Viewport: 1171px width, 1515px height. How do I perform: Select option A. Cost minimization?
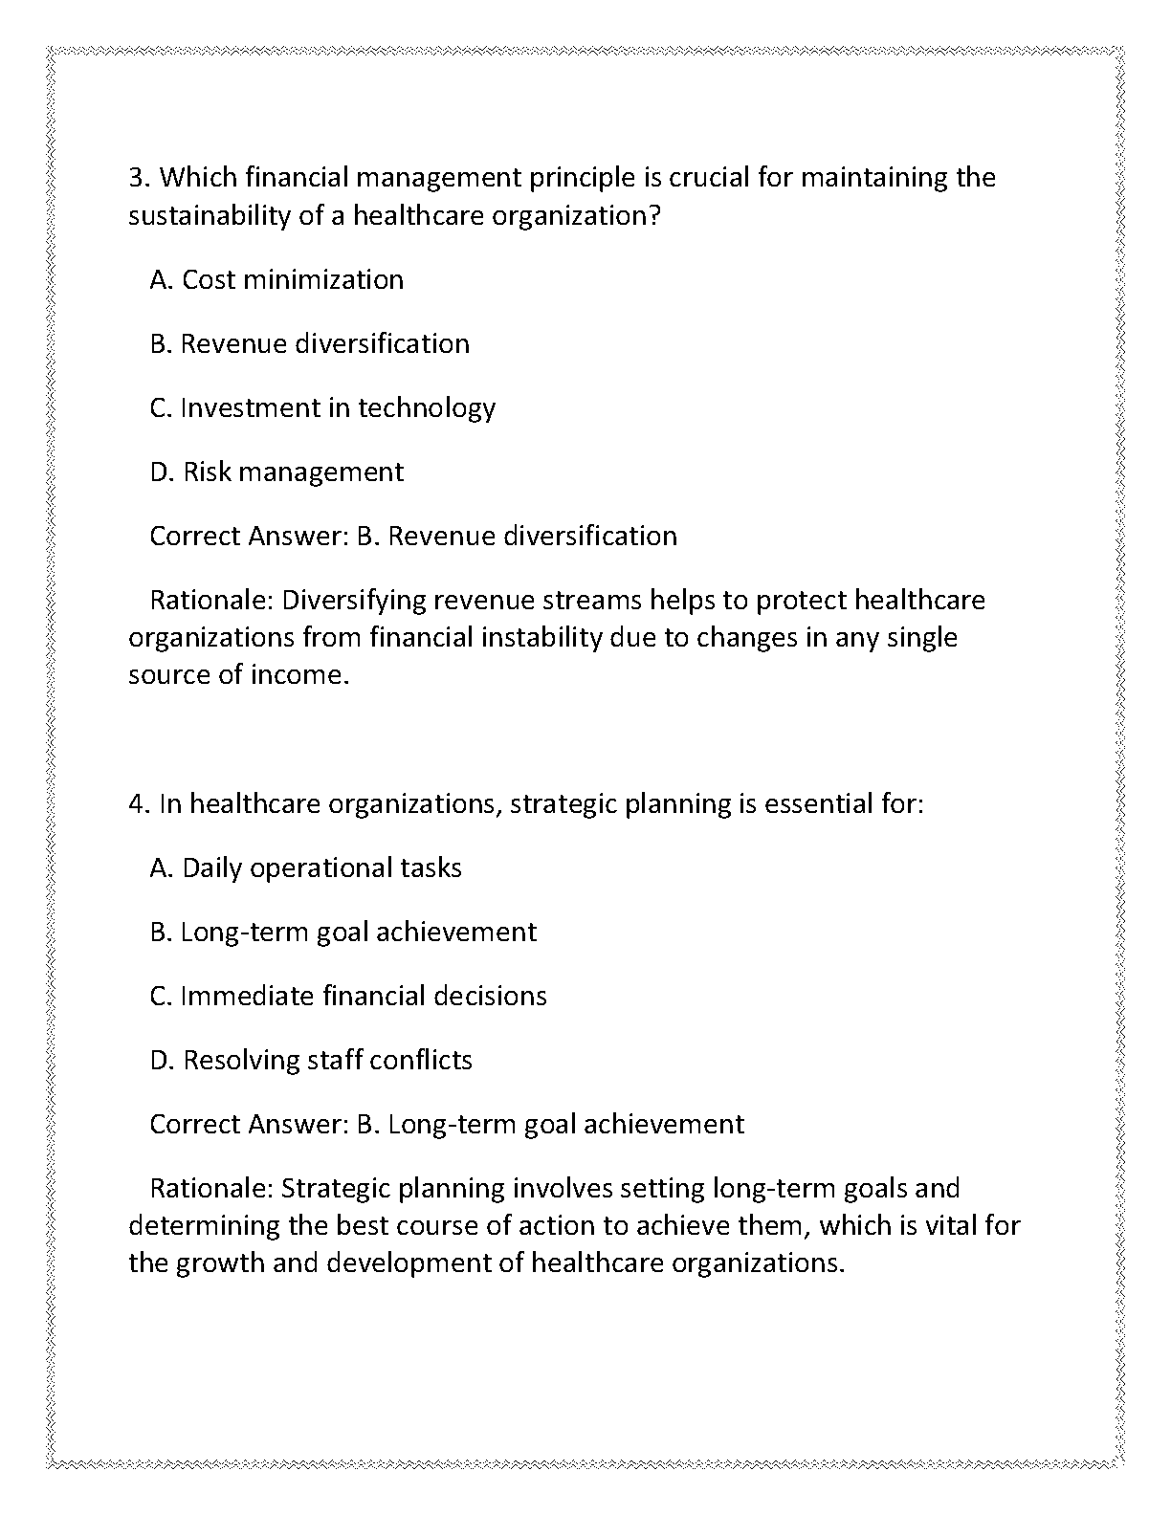click(x=276, y=279)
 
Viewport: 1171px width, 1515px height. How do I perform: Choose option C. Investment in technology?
click(x=322, y=407)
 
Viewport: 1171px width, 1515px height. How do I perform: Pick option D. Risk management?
click(x=276, y=472)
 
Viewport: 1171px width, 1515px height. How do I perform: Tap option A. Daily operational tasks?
click(x=305, y=867)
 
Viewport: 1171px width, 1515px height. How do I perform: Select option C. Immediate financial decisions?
click(x=348, y=996)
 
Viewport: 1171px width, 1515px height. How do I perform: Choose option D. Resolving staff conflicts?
click(x=311, y=1060)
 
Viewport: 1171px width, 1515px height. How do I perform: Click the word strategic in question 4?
click(x=563, y=804)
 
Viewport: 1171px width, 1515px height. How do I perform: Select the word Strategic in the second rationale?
click(x=336, y=1189)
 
